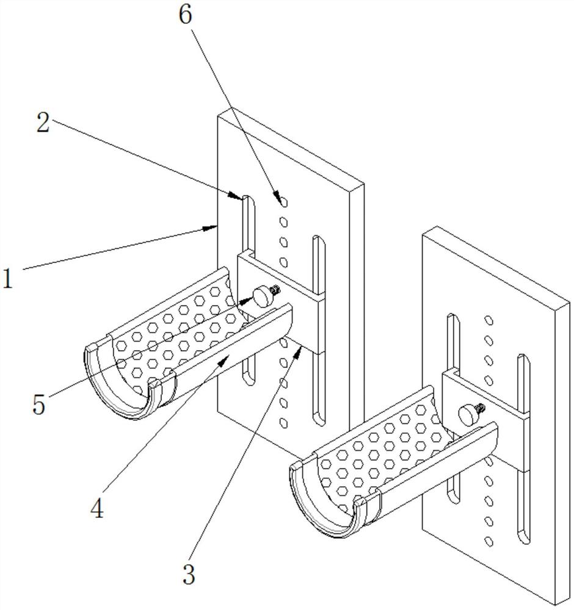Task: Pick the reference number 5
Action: (39, 404)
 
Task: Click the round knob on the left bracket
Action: (263, 297)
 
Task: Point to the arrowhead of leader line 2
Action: (241, 196)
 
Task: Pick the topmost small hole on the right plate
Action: (487, 319)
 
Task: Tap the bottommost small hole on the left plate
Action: (283, 421)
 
